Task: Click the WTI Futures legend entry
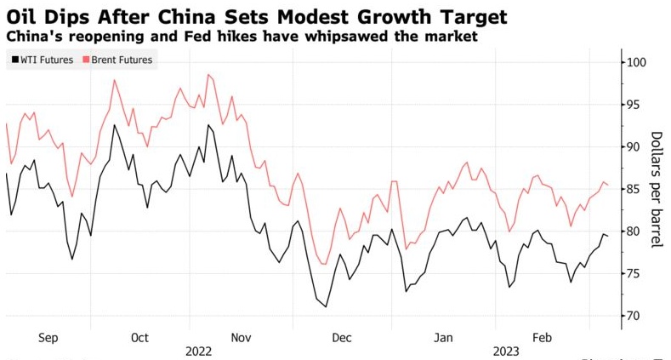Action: tap(42, 60)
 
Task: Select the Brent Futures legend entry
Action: tap(117, 60)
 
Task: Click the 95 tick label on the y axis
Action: tap(630, 106)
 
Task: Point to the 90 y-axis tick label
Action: tap(630, 147)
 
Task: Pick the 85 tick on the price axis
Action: tap(630, 189)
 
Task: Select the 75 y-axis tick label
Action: tap(630, 273)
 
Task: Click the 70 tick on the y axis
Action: tap(630, 316)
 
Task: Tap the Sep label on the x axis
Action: tap(49, 338)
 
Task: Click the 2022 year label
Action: tap(197, 351)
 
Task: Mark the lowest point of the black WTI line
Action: tap(326, 306)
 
